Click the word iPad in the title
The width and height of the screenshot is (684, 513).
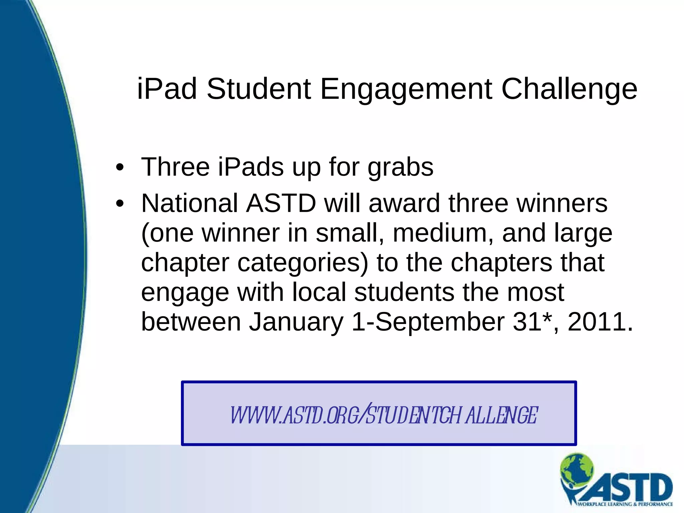(x=167, y=89)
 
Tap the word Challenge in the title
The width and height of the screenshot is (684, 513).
(x=569, y=89)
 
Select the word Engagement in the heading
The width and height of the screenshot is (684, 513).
(x=406, y=89)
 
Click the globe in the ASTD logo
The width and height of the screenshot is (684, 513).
(x=577, y=470)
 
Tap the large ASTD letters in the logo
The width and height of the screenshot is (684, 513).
(x=631, y=488)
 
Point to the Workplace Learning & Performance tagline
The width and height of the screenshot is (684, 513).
(x=625, y=504)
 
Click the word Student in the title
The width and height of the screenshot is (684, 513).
(x=259, y=89)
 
